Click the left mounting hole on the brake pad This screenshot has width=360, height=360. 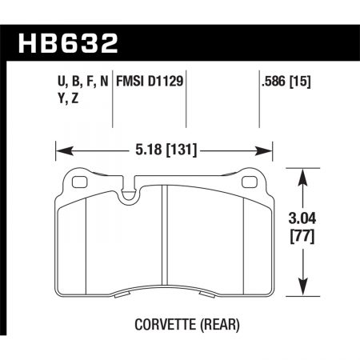pyautogui.click(x=78, y=182)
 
